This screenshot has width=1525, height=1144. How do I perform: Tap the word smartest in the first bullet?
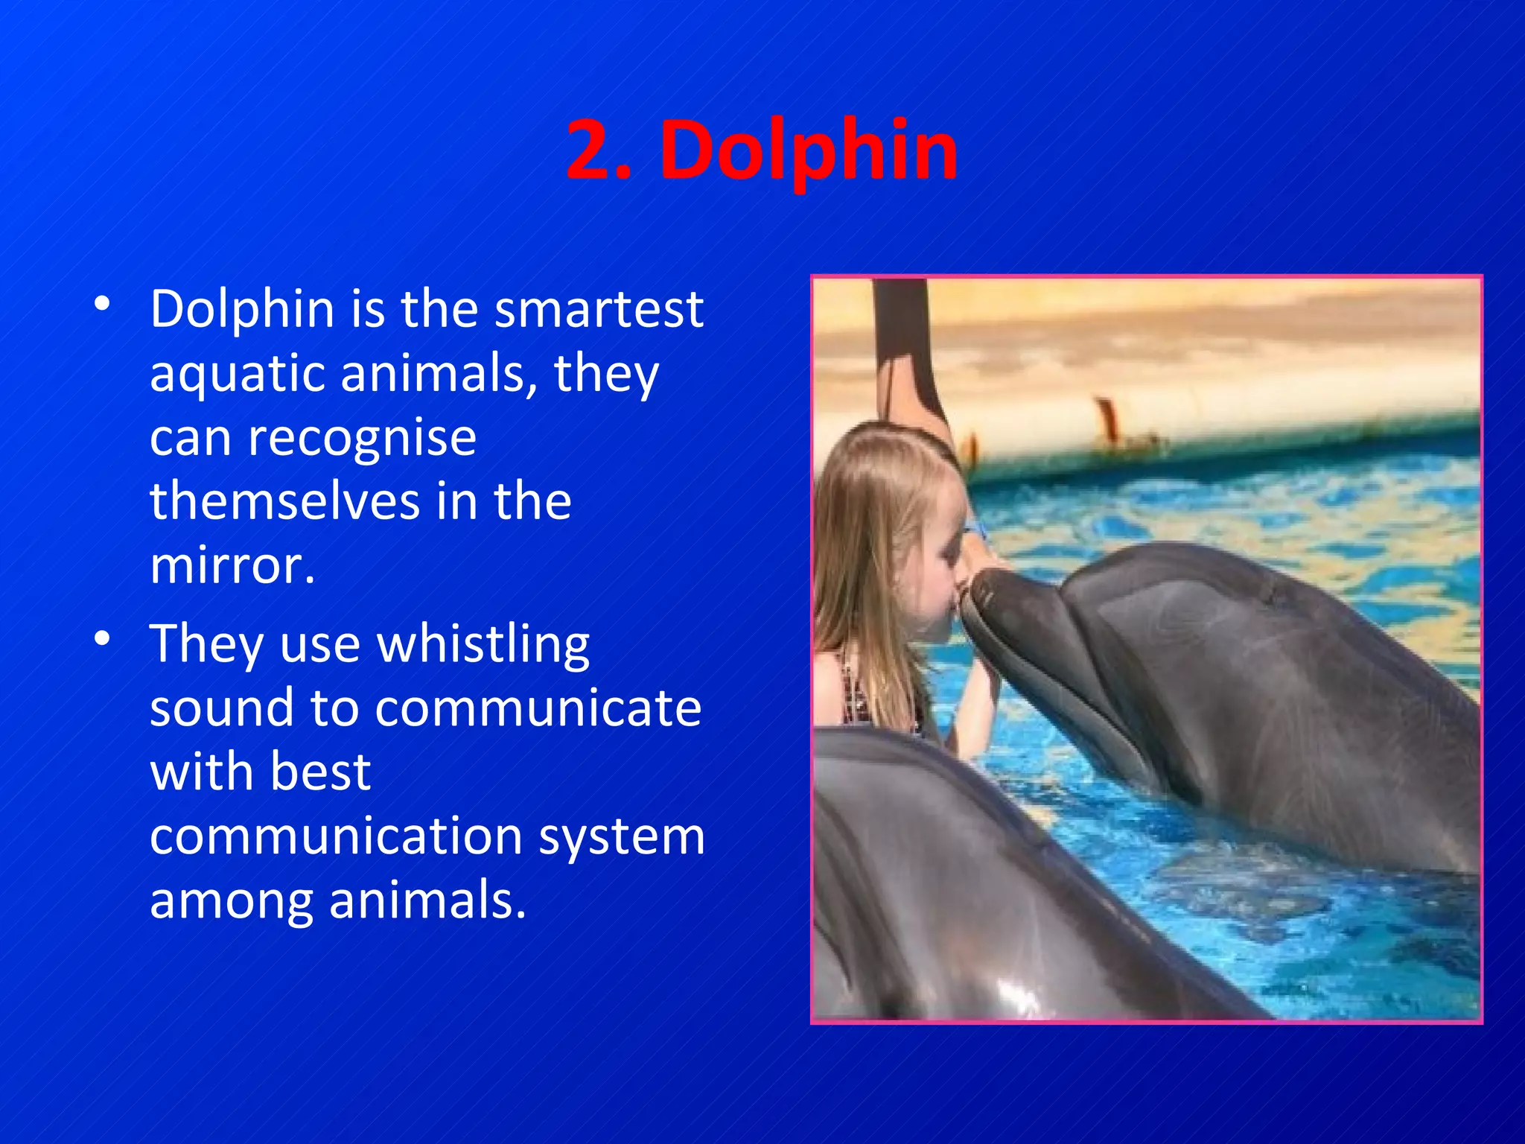point(599,308)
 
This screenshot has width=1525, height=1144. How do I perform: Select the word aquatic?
point(236,374)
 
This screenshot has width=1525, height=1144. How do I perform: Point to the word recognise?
point(362,439)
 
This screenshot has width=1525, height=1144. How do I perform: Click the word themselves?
point(283,500)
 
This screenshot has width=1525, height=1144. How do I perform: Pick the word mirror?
point(232,566)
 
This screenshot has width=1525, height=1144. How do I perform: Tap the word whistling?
point(483,645)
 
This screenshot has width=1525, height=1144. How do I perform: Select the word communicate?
point(538,708)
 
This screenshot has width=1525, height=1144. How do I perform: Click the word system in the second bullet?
point(622,837)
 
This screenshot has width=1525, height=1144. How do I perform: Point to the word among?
point(231,900)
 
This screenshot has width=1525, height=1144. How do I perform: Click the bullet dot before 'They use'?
point(103,638)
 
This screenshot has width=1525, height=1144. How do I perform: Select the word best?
point(321,772)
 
